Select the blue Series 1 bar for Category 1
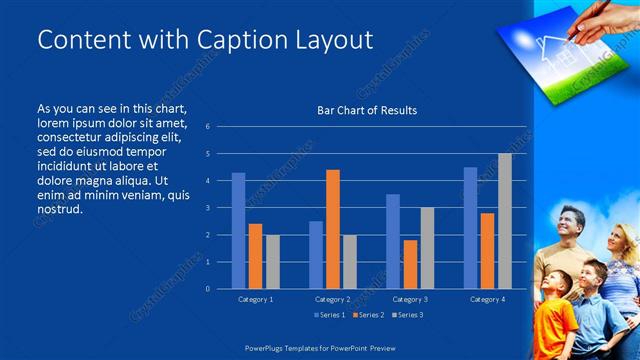click(x=238, y=230)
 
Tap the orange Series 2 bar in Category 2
click(x=333, y=229)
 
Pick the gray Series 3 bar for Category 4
click(x=504, y=221)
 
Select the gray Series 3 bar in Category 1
click(x=272, y=261)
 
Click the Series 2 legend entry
click(x=367, y=315)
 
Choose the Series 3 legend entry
click(x=406, y=315)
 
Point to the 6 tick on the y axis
click(x=207, y=127)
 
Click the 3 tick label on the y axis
click(x=207, y=208)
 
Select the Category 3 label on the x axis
click(x=410, y=299)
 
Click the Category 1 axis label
click(x=256, y=299)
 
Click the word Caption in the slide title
click(x=232, y=40)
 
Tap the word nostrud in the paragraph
click(x=59, y=209)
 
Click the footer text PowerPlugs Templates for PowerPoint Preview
click(x=320, y=348)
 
